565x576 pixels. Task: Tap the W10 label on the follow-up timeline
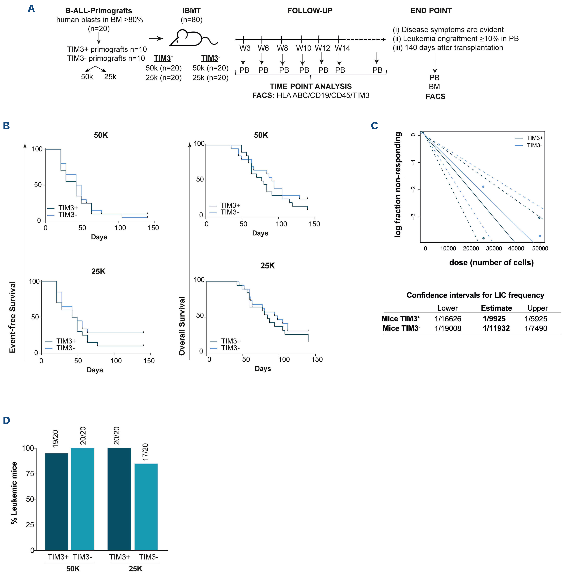pyautogui.click(x=304, y=48)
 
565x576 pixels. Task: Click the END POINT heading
pyautogui.click(x=431, y=11)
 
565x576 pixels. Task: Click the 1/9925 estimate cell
pyautogui.click(x=494, y=319)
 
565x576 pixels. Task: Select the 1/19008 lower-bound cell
pyautogui.click(x=448, y=328)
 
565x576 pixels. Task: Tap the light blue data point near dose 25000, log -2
pyautogui.click(x=483, y=187)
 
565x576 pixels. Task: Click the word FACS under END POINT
pyautogui.click(x=435, y=96)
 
